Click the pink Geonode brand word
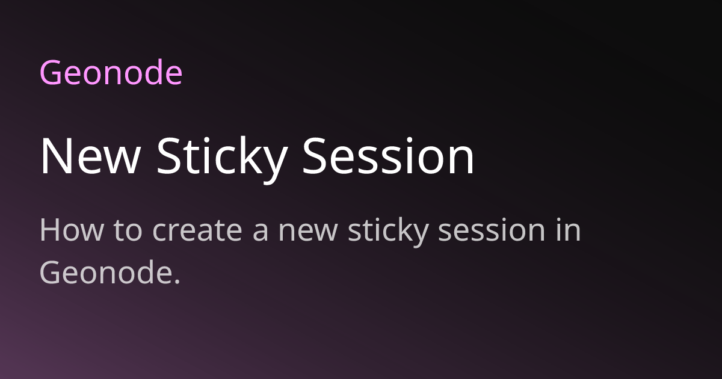tap(111, 73)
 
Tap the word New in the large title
tap(90, 156)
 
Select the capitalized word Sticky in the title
tap(223, 160)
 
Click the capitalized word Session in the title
tap(389, 156)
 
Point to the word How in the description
tap(72, 230)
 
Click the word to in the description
tap(128, 230)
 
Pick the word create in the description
tap(197, 230)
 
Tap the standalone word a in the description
tap(261, 233)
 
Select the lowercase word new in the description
tap(308, 233)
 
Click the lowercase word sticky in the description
tap(389, 232)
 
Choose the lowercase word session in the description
tap(492, 229)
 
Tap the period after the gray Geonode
tap(177, 282)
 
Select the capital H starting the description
tap(49, 230)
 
